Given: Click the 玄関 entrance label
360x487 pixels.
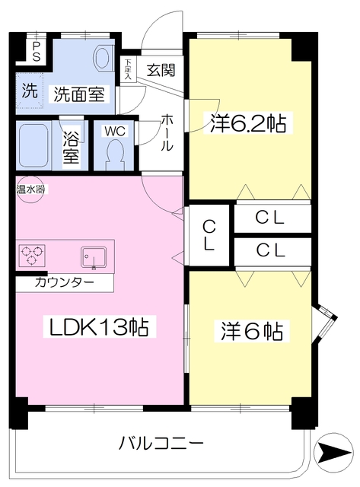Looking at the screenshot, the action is click(x=161, y=70).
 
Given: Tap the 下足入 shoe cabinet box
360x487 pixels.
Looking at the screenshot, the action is click(x=128, y=69).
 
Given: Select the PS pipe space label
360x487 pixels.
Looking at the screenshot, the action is click(x=37, y=52).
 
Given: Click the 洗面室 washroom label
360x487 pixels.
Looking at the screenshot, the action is click(x=79, y=94).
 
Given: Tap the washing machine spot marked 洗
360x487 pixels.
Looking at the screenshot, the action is click(x=30, y=91).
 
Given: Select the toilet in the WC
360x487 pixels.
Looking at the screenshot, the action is click(x=115, y=154).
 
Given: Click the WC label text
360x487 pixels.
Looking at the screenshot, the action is click(x=115, y=131).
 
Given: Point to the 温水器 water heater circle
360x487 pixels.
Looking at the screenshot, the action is click(x=30, y=189).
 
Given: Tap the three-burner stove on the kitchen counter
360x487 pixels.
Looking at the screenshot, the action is click(x=32, y=256).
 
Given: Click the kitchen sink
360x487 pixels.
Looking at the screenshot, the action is click(x=94, y=257).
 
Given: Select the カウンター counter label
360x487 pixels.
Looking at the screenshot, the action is click(x=65, y=282).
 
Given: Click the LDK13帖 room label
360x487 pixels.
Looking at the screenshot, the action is click(x=99, y=326).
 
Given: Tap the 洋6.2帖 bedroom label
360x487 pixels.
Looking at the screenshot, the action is click(x=248, y=123).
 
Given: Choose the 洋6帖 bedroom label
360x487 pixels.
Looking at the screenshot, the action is click(x=252, y=331).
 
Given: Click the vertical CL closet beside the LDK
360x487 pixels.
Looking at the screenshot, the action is click(x=209, y=235).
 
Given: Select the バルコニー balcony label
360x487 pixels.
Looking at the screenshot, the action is click(x=161, y=443).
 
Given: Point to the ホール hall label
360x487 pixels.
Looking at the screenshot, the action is click(x=167, y=132).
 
